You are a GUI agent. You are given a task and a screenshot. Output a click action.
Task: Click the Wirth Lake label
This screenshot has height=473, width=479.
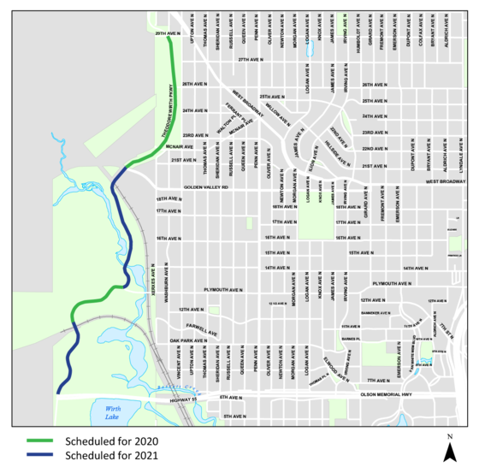coord(114,413)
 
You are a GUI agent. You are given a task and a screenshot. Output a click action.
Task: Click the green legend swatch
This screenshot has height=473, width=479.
coord(39,440)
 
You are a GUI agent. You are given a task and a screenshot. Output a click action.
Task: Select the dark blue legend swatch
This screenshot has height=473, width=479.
coord(39,454)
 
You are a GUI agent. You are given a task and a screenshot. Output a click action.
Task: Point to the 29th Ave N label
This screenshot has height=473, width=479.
coord(167,33)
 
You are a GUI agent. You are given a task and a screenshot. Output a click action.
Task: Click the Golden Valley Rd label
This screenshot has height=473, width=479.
coord(206,186)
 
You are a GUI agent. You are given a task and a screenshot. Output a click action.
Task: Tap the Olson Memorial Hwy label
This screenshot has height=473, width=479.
coord(386,394)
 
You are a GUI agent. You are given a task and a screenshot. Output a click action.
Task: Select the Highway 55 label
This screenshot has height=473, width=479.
coord(183,400)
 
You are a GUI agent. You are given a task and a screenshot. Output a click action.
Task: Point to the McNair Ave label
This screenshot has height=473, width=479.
coord(180,146)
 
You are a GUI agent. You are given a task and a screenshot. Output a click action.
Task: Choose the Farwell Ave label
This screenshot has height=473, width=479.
coord(202,329)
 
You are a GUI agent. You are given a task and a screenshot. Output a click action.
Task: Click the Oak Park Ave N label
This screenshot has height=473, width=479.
coord(188,340)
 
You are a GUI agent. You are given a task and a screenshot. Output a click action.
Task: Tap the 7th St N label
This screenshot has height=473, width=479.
coord(444,334)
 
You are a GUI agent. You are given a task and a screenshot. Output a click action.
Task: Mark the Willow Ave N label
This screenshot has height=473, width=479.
coord(274,110)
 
